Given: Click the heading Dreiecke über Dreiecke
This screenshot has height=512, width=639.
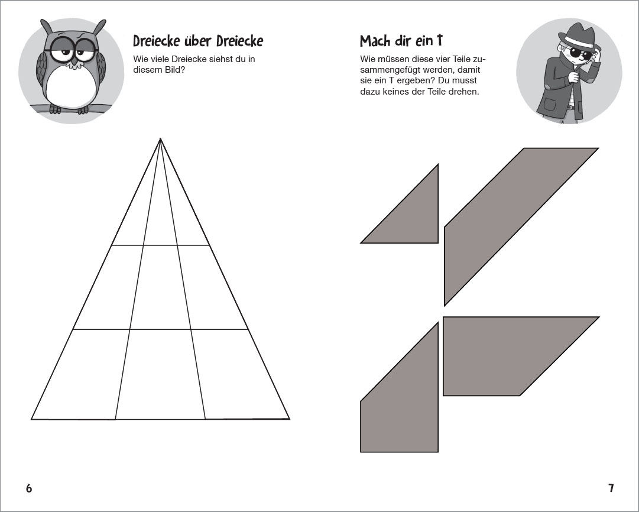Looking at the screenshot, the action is tap(198, 41).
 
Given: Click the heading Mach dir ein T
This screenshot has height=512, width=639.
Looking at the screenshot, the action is tap(401, 41).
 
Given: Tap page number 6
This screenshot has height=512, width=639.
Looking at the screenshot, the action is tap(29, 488).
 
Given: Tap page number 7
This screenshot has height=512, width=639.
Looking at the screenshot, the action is tap(611, 488).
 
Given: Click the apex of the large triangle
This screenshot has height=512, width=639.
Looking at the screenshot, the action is tap(160, 138).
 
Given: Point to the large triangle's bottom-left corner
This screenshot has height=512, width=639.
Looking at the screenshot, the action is tap(31, 419).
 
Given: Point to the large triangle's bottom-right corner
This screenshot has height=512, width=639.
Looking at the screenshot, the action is tap(289, 419).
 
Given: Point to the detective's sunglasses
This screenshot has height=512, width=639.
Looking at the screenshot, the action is tap(580, 54).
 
